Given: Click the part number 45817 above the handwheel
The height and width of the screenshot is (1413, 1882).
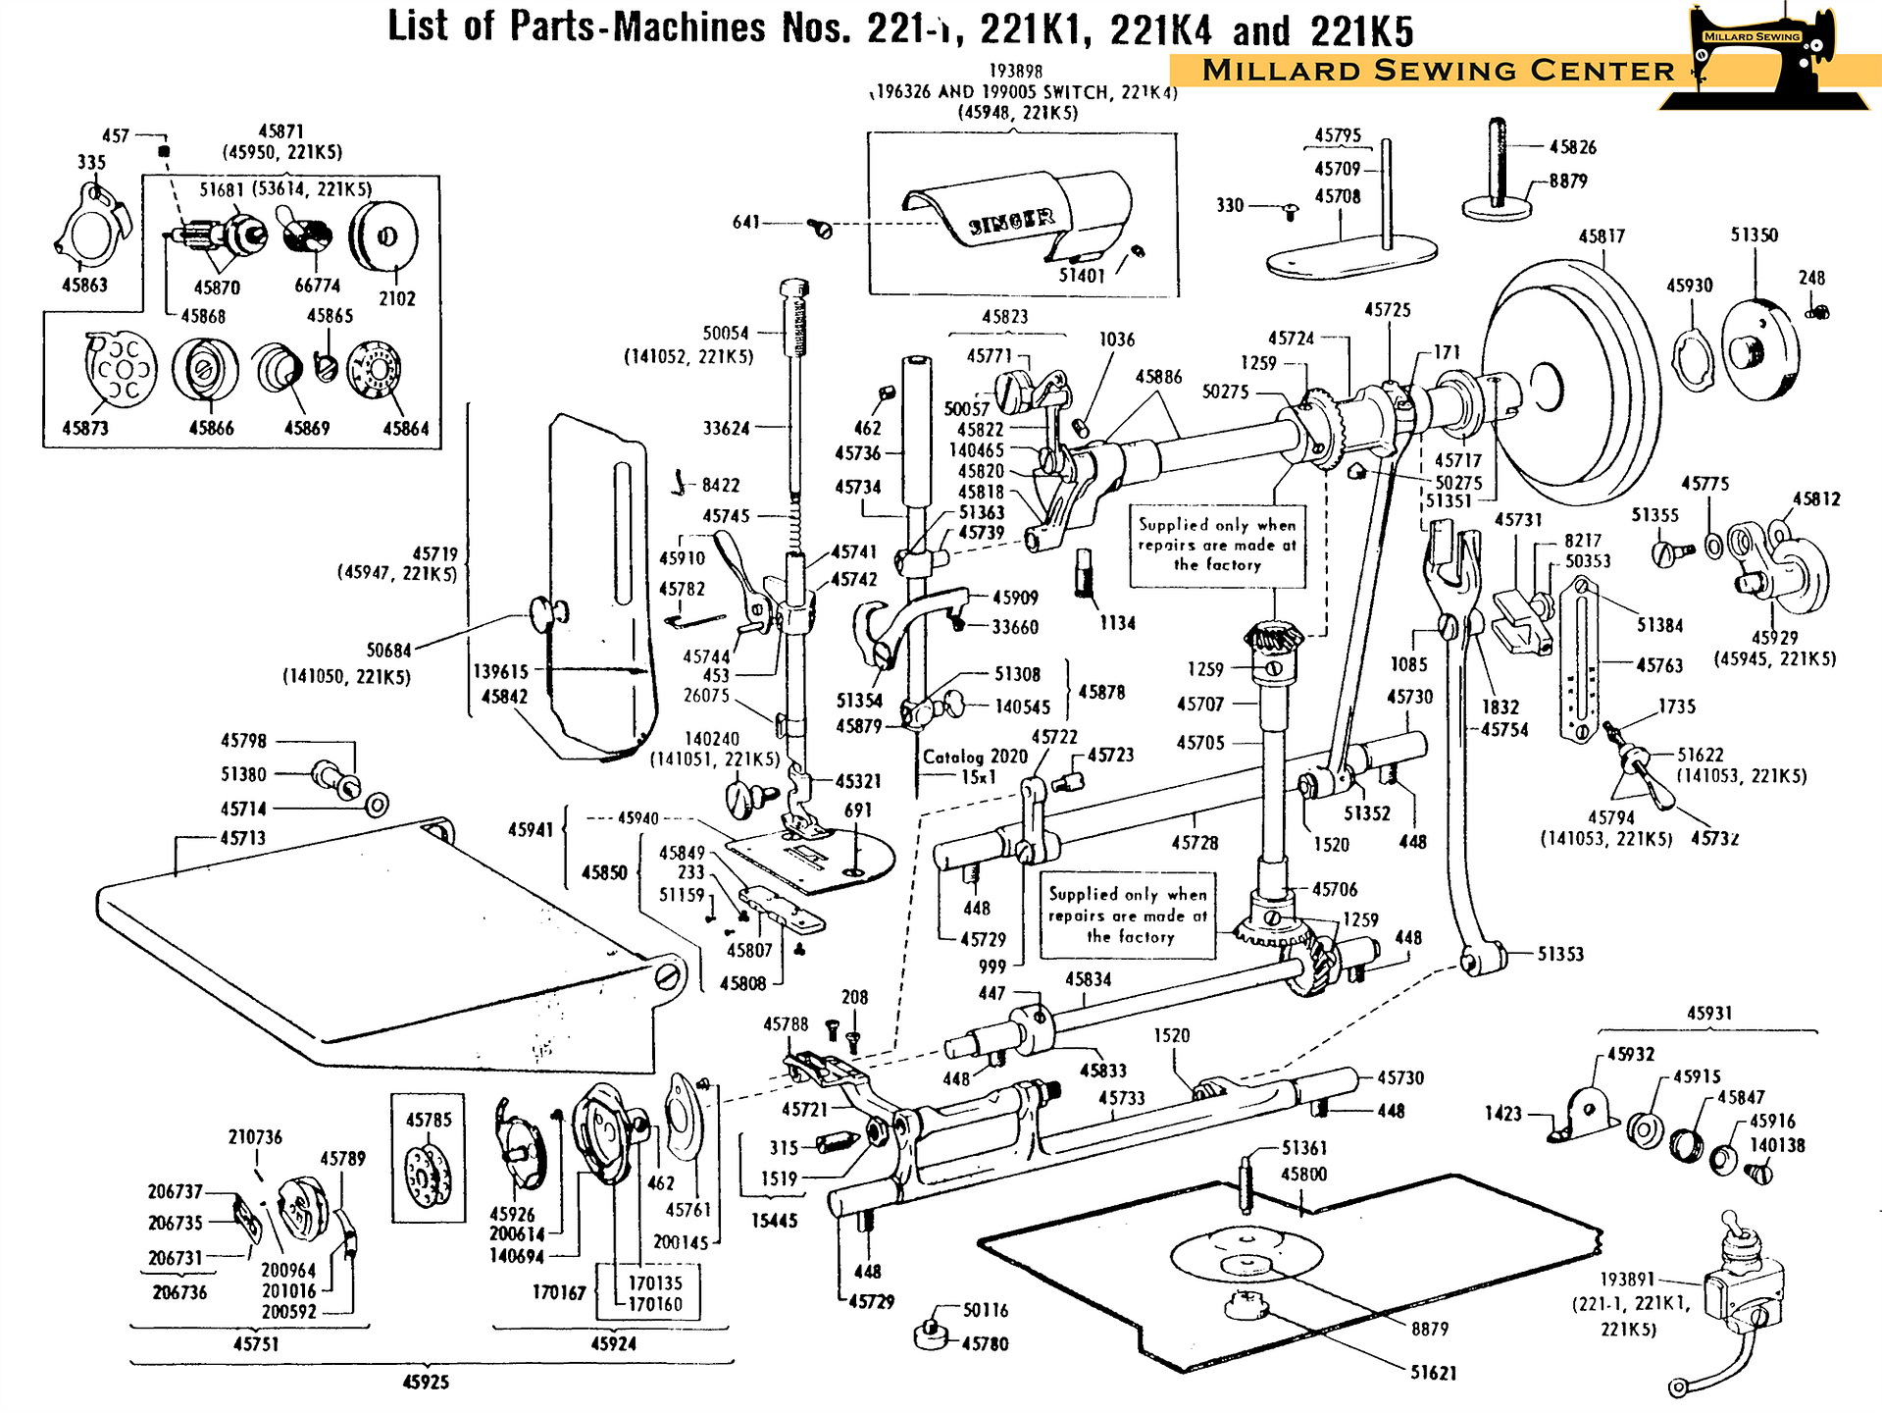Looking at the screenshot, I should [1602, 236].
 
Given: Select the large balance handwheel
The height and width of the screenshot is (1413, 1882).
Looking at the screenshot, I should [1569, 383].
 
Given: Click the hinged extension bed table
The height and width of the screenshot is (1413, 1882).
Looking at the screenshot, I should [392, 942].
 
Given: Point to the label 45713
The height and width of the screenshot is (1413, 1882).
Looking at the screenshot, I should [242, 838].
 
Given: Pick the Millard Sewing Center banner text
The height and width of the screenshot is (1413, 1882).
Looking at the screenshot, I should [1438, 71].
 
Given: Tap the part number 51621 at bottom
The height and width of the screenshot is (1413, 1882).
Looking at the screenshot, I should [1433, 1373].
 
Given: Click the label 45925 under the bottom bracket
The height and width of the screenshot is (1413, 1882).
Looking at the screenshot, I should [426, 1382].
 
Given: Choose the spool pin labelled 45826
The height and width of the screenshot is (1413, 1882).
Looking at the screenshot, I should [1497, 167].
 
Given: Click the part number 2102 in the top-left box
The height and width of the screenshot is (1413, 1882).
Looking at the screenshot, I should [397, 298].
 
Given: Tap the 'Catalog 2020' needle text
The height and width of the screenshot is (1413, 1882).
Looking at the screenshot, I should [975, 757].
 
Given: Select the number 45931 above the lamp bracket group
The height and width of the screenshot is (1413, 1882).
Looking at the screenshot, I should [1709, 1013].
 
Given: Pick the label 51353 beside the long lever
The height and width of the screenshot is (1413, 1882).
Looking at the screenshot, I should [1560, 954].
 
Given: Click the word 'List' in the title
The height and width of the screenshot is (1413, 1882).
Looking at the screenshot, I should [421, 26].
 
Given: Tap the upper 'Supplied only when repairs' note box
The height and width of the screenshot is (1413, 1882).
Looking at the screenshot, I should [1217, 546].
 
